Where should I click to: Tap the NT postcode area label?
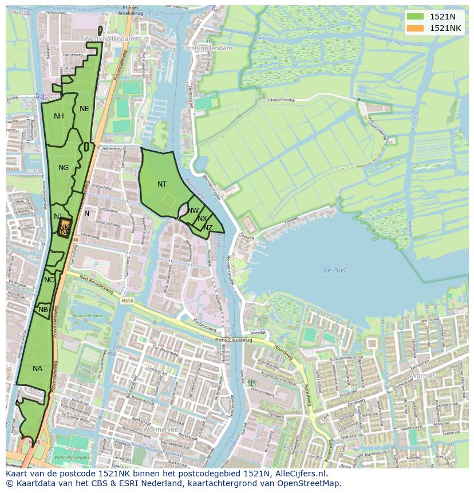tap(162, 184)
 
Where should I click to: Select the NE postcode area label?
tap(84, 109)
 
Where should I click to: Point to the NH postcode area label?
tap(59, 116)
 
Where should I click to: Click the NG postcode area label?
tap(64, 168)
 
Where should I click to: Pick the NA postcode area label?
tap(37, 369)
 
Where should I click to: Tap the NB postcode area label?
tap(44, 310)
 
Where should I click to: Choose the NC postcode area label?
tap(49, 280)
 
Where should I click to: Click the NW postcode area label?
tap(193, 211)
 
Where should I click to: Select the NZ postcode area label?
tap(208, 228)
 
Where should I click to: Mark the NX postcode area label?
tap(202, 219)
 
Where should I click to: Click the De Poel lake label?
tap(334, 270)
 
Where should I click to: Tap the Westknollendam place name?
tap(109, 38)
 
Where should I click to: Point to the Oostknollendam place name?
tap(207, 49)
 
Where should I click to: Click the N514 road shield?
tap(127, 301)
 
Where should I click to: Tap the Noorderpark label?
tap(88, 315)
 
